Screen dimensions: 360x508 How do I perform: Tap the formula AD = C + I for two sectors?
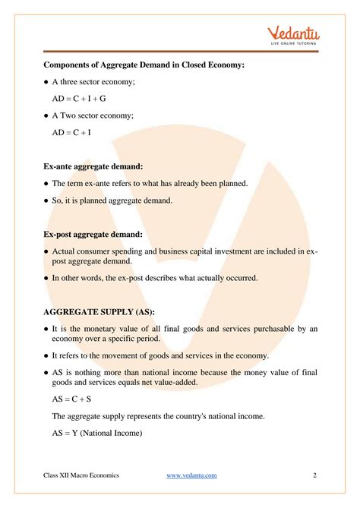(x=73, y=132)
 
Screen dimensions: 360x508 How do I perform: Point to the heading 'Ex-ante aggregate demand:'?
(x=93, y=166)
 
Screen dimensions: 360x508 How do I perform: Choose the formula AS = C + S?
(x=73, y=400)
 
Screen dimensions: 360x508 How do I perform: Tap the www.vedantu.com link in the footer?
(x=191, y=475)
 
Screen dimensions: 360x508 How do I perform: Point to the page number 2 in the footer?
(x=314, y=475)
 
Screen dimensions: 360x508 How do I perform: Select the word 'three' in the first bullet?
(x=70, y=83)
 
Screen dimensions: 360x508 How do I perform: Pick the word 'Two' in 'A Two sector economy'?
(x=68, y=115)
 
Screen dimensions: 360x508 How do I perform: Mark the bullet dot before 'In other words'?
(x=46, y=279)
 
